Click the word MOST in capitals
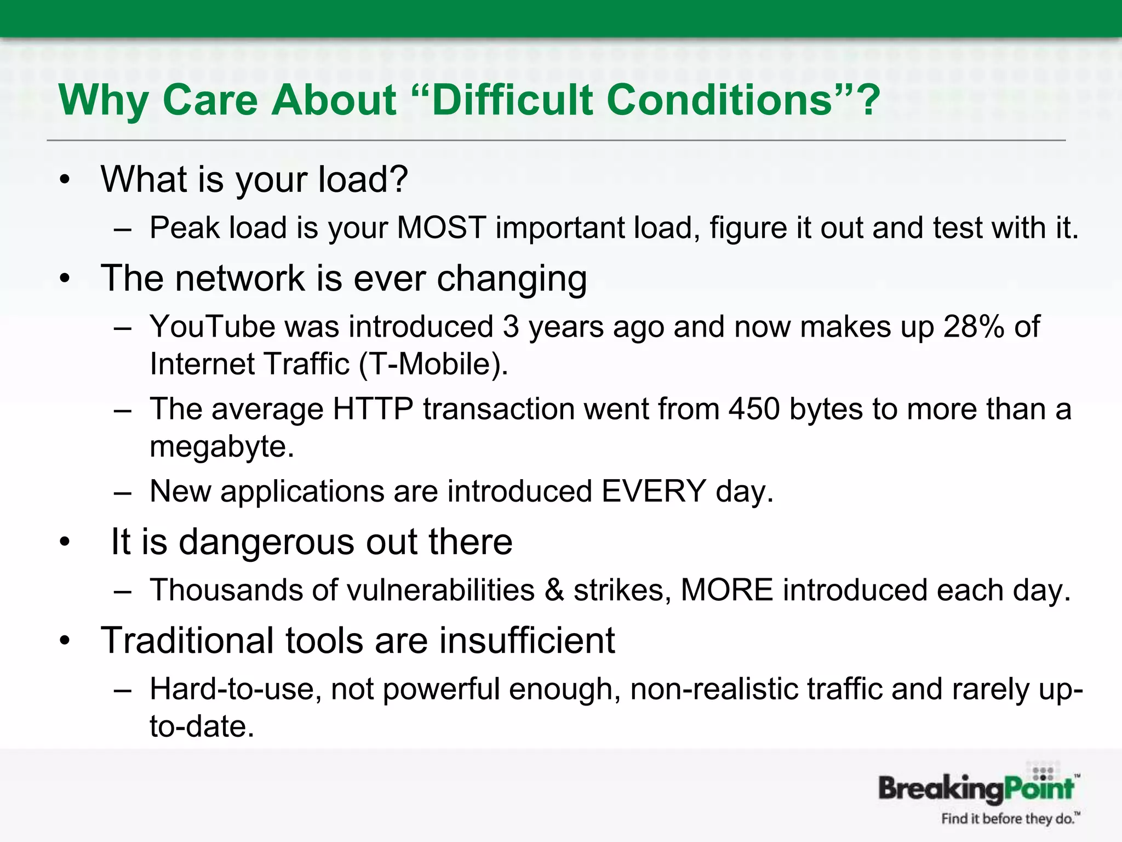tap(441, 227)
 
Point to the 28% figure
tap(974, 327)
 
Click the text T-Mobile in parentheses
tap(433, 364)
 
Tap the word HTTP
tap(373, 409)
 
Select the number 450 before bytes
tap(754, 409)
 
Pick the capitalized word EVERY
tap(653, 491)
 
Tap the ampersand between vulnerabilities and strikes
tap(554, 590)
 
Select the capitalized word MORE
tap(726, 590)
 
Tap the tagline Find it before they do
tap(1008, 819)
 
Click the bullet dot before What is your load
tap(66, 180)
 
